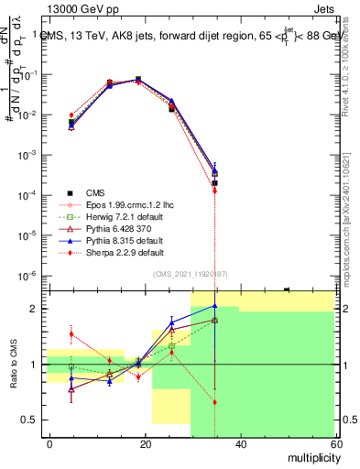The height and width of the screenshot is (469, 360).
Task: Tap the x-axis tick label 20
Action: [x=146, y=444]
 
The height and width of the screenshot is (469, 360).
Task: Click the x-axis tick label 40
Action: [x=240, y=444]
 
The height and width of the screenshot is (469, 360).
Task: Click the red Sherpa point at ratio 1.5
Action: [x=71, y=334]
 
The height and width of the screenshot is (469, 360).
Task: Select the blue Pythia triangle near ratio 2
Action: [x=214, y=306]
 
